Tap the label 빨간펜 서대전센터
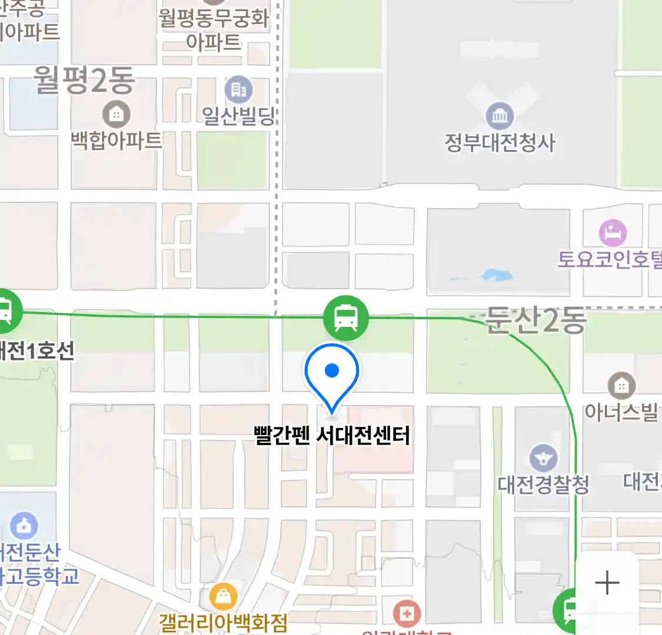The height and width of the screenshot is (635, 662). point(332,436)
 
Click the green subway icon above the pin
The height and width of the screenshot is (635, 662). point(346,318)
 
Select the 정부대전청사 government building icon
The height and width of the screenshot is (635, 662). point(500,116)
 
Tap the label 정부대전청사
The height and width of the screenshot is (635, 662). point(500,143)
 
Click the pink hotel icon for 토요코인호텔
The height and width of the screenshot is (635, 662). point(613,233)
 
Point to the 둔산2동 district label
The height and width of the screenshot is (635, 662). point(536,321)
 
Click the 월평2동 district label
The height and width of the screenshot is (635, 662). point(84,81)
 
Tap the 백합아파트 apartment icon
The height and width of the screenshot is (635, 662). point(116,114)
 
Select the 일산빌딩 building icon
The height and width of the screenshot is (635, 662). point(238,90)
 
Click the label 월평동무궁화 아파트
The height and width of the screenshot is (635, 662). point(214,29)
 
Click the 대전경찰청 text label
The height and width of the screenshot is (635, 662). point(543,484)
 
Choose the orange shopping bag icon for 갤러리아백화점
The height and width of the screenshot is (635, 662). point(223,597)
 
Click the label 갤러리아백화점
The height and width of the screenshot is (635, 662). point(223,622)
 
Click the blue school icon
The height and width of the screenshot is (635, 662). point(24,526)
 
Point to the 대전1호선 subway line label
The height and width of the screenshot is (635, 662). point(36,351)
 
